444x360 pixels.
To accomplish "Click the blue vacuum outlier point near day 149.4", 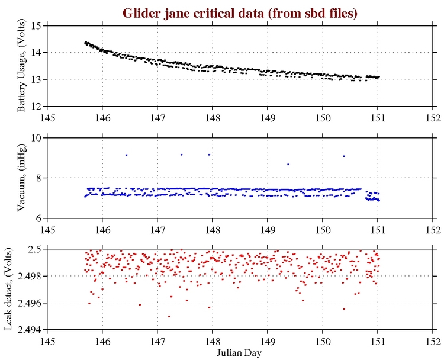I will point(288,164).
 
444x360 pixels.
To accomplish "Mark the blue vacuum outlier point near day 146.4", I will point(126,155).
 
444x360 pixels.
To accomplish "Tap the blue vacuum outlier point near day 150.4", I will point(344,156).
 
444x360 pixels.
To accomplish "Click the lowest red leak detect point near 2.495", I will point(169,316).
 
